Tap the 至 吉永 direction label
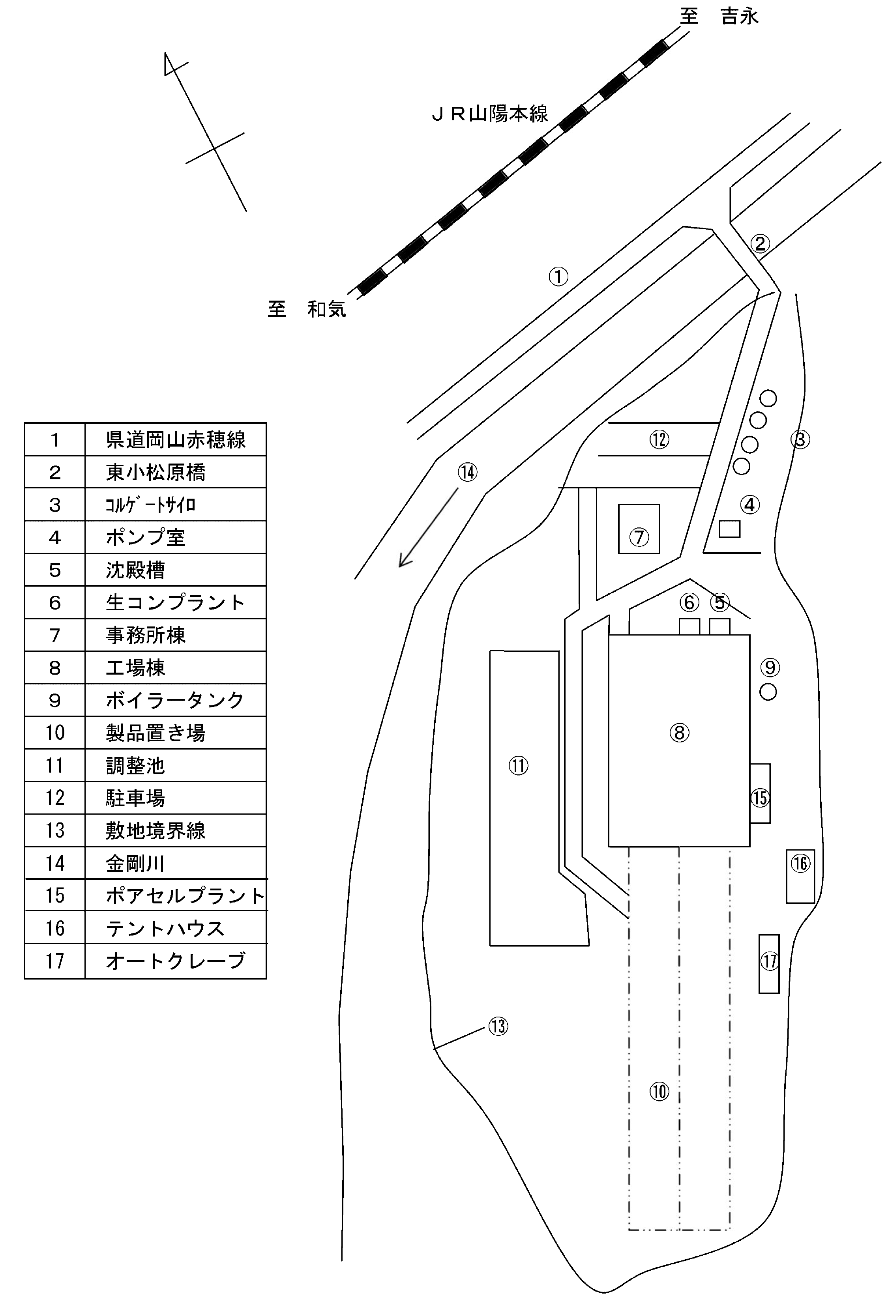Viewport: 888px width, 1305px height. coord(719,16)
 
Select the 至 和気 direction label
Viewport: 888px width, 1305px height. coord(307,309)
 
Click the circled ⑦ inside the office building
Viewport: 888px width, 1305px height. coord(639,537)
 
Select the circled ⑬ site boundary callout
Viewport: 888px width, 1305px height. coord(498,1026)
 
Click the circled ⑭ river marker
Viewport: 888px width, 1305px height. coord(467,472)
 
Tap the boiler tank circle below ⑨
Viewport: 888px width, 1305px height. coord(768,692)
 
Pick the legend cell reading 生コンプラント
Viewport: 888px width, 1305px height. coord(175,602)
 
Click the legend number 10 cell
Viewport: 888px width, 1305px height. coord(54,733)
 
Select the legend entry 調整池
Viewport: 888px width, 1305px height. coord(135,765)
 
